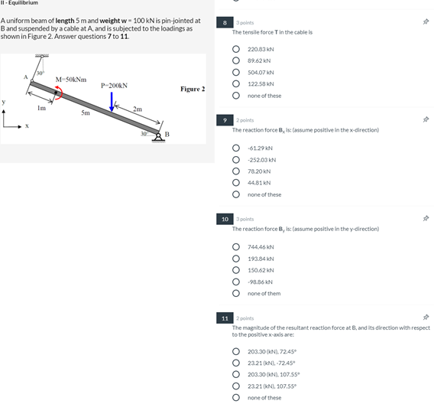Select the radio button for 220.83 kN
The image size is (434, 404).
236,49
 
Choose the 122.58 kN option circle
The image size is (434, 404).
236,83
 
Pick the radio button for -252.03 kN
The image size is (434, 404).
236,160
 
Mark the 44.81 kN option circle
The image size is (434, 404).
236,183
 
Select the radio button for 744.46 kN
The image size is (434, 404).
236,246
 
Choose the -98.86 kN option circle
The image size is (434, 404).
236,282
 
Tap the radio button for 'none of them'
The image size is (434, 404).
236,293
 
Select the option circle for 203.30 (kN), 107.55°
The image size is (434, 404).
236,374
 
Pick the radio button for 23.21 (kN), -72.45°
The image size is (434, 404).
236,363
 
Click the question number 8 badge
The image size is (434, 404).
225,22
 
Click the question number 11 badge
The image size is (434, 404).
225,318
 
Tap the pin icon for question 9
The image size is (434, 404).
426,119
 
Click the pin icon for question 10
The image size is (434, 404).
426,218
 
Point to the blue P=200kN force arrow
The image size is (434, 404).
112,102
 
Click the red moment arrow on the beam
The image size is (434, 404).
60,93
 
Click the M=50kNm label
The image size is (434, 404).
71,80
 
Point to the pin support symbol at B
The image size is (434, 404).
158,138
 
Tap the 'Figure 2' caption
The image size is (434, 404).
193,89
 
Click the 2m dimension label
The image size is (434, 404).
138,109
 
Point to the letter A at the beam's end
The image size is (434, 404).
26,77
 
